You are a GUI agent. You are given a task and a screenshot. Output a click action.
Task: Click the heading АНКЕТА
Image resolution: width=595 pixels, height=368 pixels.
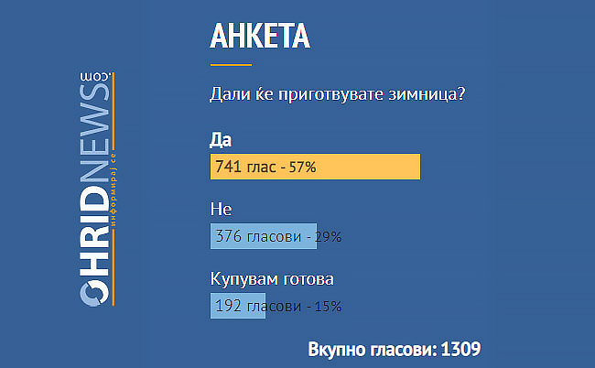pos(260,36)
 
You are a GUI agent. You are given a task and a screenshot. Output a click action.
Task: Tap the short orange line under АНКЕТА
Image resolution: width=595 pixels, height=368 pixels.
pos(231,65)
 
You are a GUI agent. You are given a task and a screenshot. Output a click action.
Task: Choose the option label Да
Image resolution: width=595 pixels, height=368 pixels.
pos(221,140)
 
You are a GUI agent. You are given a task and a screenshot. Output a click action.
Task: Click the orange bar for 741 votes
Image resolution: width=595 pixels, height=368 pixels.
pos(315,167)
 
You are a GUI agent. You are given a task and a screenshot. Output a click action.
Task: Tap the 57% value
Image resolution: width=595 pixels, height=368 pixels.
pos(302,167)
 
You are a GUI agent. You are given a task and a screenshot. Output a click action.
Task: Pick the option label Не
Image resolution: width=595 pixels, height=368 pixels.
pos(221,209)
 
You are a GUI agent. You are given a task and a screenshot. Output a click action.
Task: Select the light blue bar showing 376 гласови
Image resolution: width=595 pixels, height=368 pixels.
pos(264,236)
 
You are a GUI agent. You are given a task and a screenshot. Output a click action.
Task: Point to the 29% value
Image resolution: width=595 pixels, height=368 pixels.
pos(329,237)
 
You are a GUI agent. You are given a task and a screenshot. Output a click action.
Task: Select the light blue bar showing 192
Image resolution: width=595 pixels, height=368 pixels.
pos(238,306)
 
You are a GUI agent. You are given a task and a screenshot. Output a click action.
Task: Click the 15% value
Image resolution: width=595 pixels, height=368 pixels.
pos(329,306)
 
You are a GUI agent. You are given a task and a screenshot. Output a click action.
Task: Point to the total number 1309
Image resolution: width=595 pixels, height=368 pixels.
pos(460,349)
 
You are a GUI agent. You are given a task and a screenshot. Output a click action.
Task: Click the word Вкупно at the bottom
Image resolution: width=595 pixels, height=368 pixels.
pos(338,350)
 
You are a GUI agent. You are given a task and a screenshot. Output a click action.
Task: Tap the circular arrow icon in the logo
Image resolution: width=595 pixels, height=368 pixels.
pos(94,293)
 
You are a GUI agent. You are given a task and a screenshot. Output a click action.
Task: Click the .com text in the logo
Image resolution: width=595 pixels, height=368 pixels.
pos(95,77)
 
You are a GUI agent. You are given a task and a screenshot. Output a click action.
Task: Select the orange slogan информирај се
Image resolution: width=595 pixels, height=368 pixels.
pos(114,190)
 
